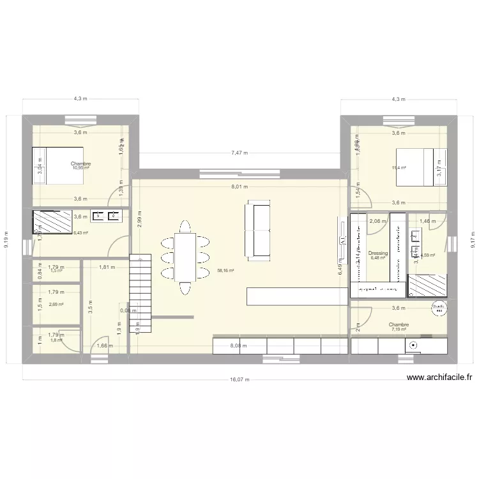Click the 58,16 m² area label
pyautogui.click(x=225, y=271)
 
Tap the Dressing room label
pyautogui.click(x=378, y=253)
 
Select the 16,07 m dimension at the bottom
pyautogui.click(x=240, y=378)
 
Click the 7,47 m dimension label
pyautogui.click(x=240, y=153)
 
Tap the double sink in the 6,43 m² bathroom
pyautogui.click(x=106, y=217)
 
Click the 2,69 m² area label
pyautogui.click(x=57, y=305)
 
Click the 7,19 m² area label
pyautogui.click(x=399, y=330)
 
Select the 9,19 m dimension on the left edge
pyautogui.click(x=7, y=240)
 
